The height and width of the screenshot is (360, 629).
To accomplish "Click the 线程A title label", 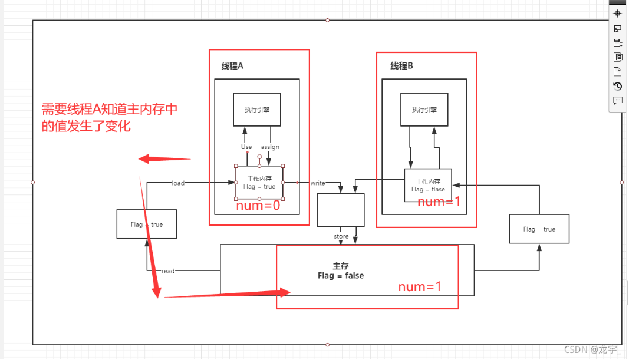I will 232,66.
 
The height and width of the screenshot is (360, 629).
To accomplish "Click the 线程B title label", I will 401,66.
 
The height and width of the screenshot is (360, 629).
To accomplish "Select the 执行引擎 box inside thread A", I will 256,110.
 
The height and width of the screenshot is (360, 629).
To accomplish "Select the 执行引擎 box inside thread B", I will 424,110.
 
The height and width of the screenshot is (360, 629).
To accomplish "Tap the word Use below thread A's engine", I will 246,147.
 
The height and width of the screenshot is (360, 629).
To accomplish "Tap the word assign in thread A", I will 270,147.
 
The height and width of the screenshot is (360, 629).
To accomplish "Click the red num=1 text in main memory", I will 420,287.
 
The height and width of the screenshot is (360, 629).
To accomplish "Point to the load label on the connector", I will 178,183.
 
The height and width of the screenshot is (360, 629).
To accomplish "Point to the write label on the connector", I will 318,183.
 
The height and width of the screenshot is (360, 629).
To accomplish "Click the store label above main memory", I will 341,236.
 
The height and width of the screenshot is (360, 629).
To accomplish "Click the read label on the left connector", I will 168,271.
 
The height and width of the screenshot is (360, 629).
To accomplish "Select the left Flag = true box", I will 147,224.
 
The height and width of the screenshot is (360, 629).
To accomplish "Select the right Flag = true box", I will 539,229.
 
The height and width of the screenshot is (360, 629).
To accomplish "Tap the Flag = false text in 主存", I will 341,275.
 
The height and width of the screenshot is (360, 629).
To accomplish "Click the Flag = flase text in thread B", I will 428,190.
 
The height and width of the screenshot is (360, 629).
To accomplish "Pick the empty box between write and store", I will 341,210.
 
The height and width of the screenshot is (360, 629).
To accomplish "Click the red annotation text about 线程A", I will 110,117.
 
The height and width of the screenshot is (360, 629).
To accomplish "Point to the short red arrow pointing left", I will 164,159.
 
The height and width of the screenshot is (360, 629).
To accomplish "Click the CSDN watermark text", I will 592,349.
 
